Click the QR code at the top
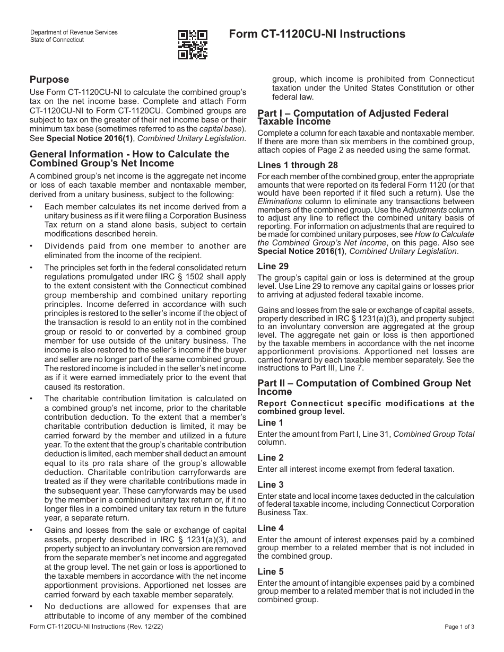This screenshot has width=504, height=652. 193,45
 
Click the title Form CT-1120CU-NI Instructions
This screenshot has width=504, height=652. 317,34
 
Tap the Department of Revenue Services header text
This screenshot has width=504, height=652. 74,33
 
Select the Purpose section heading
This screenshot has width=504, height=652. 49,80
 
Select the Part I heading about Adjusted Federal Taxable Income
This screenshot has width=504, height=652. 353,117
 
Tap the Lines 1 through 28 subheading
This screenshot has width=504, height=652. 298,165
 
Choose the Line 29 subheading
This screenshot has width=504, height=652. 273,266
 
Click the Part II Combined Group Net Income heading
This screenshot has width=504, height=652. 364,387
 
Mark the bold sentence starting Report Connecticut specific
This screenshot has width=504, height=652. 366,407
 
